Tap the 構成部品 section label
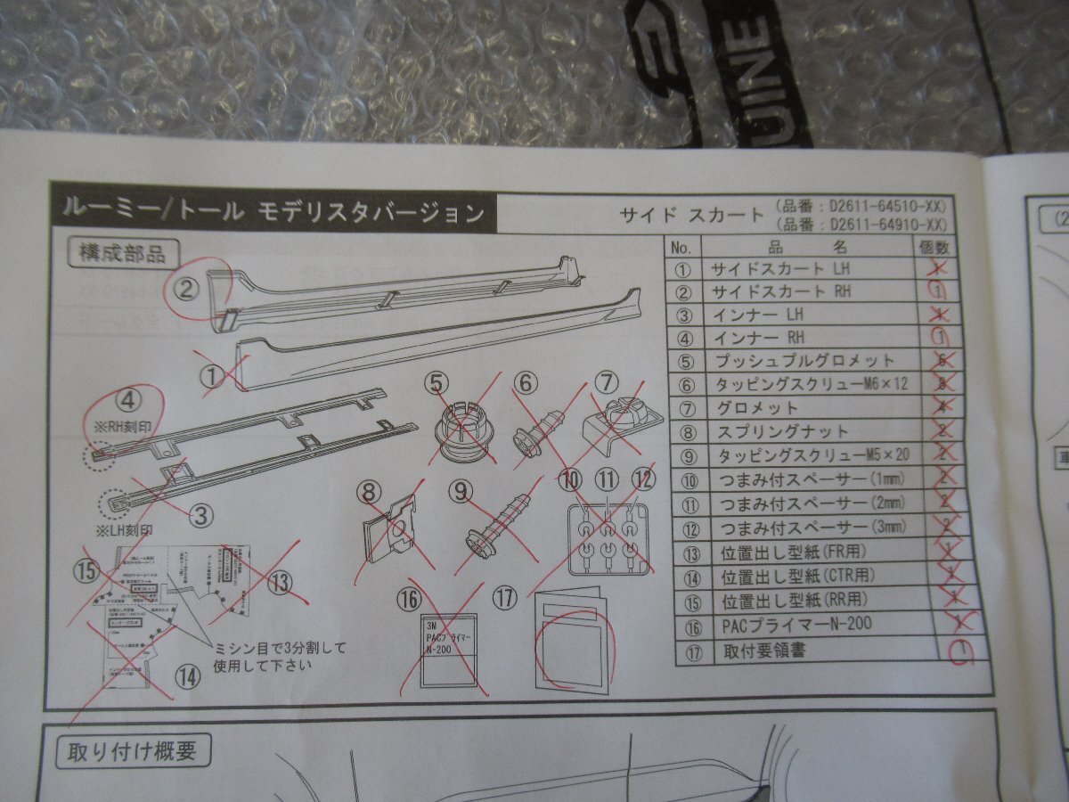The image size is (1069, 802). (117, 253)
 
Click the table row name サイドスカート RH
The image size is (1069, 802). (780, 291)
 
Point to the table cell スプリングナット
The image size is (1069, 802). (779, 432)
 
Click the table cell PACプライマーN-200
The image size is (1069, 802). (797, 624)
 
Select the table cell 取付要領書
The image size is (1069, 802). (765, 651)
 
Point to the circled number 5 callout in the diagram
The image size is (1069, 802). (437, 382)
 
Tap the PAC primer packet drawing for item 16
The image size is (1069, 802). (448, 650)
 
